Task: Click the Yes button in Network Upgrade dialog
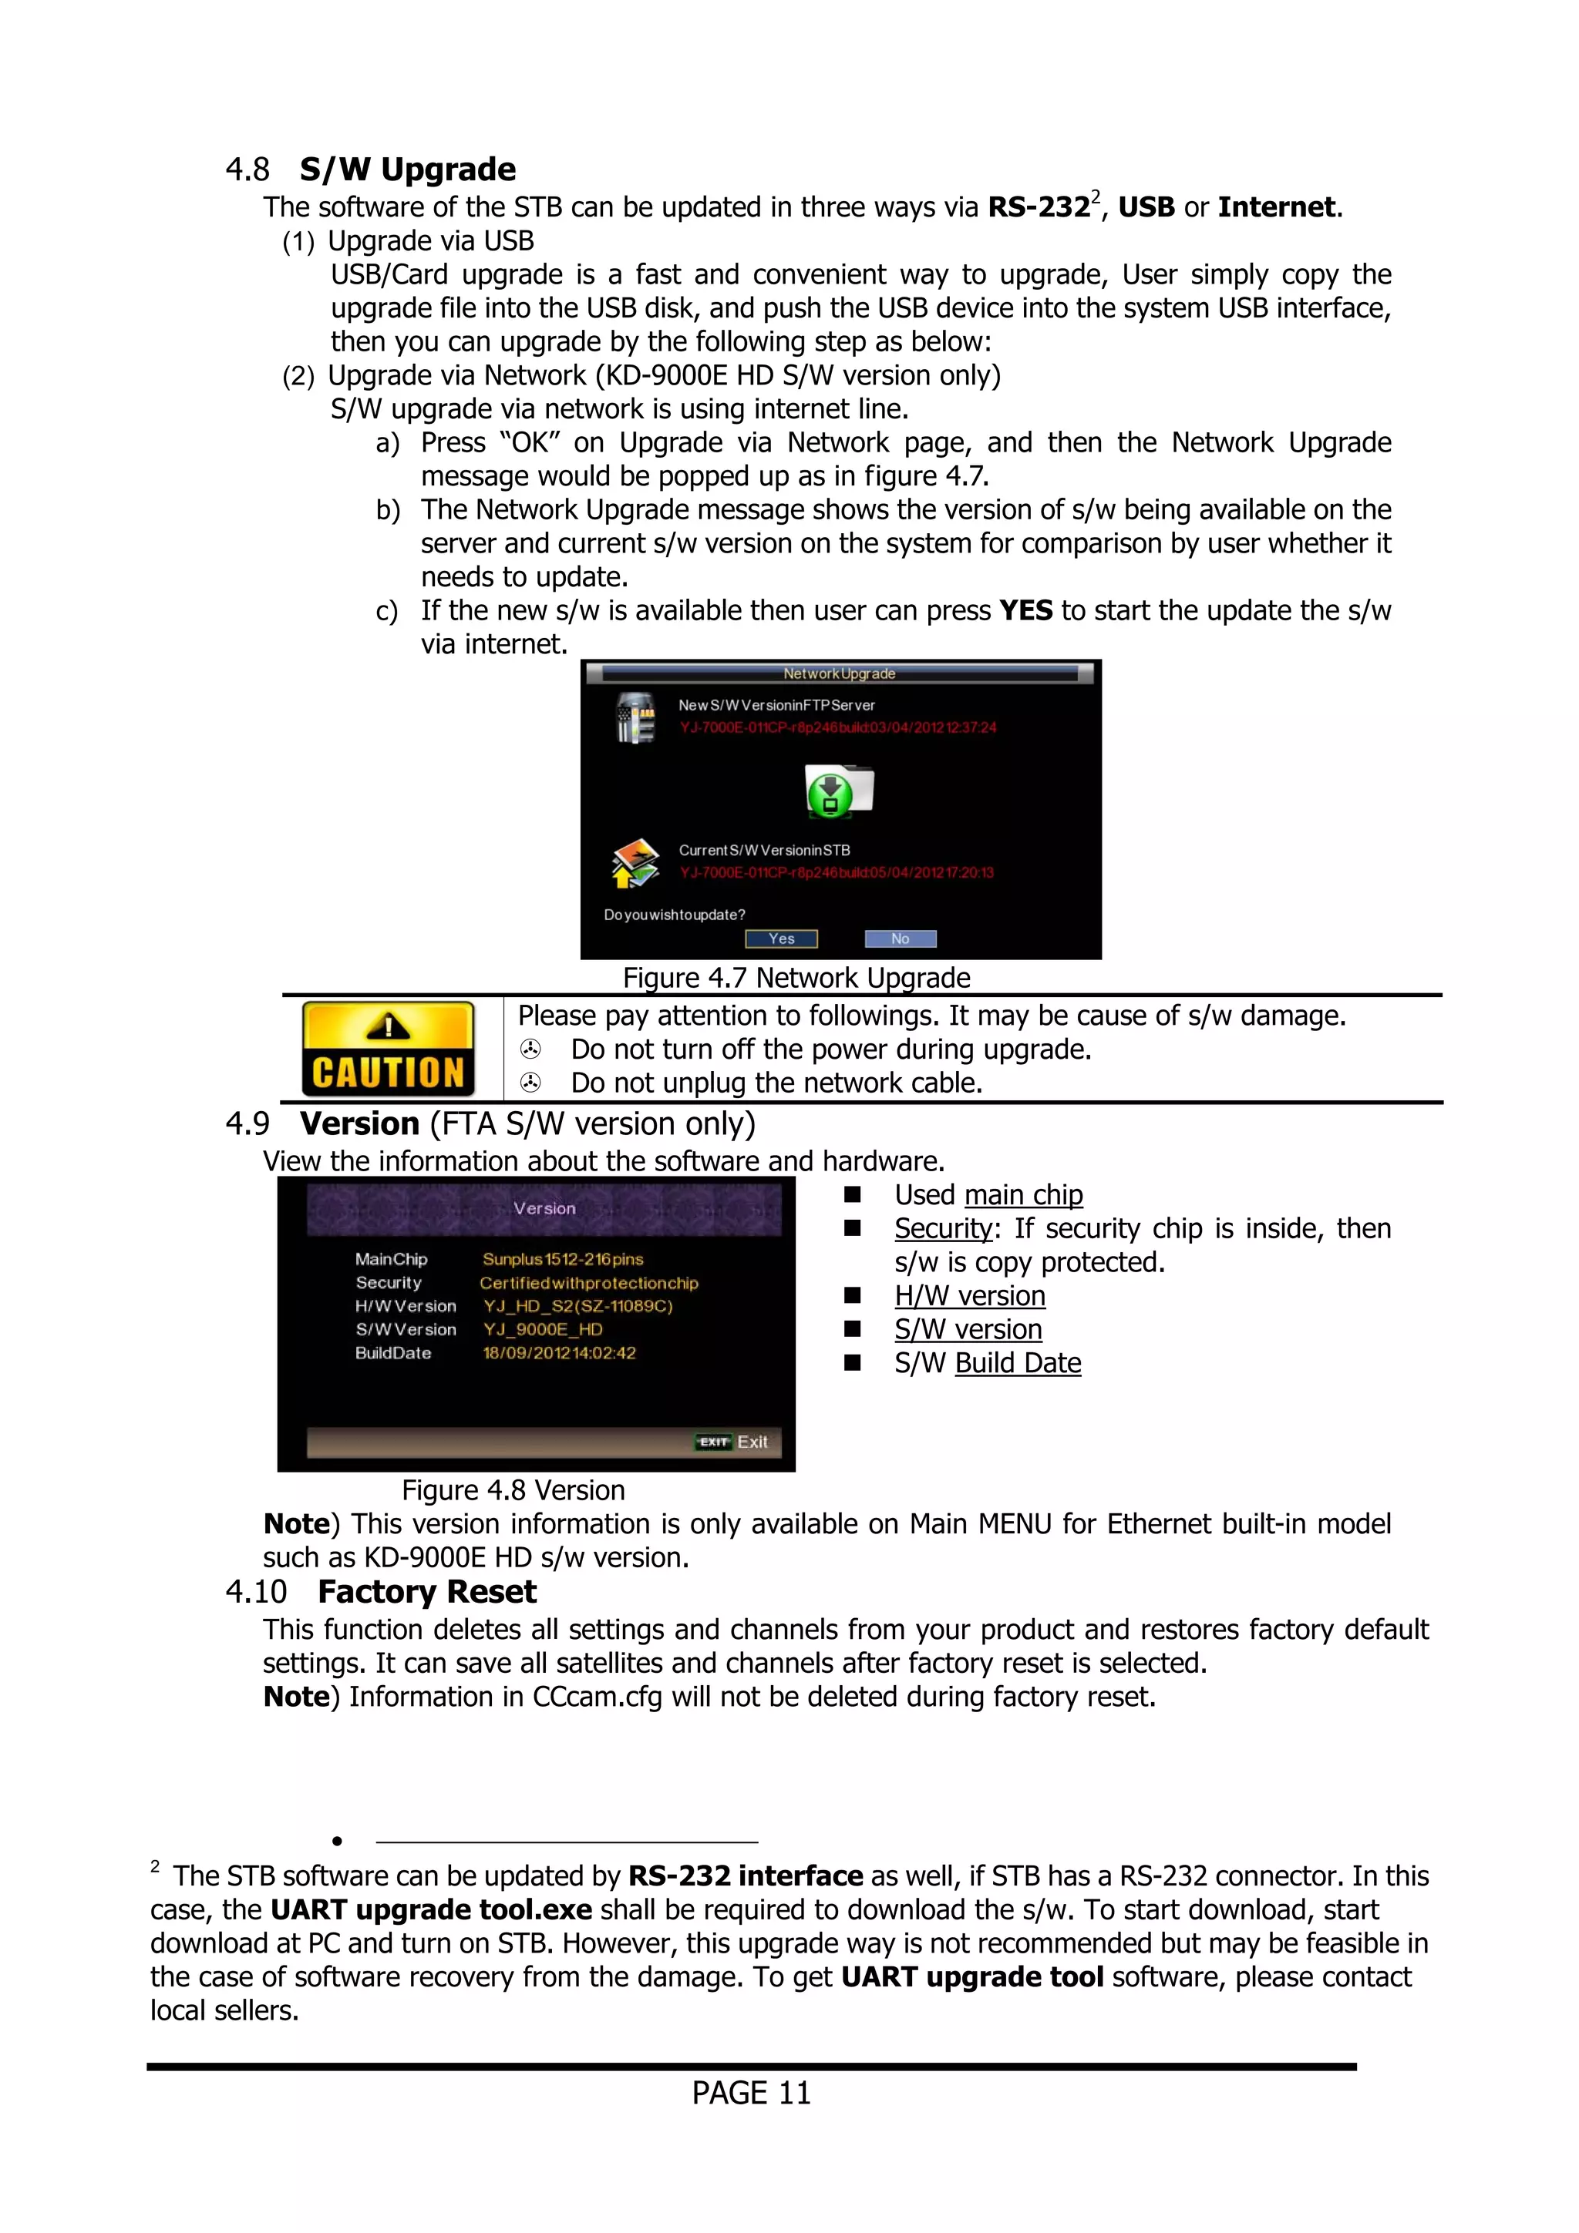coord(781,939)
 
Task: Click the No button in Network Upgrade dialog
coord(900,939)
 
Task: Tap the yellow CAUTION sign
coord(388,1049)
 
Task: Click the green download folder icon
coord(837,790)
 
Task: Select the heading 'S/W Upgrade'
coord(408,170)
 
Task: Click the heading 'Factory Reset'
coord(426,1591)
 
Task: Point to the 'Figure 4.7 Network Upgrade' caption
coord(796,978)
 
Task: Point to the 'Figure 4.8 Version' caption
coord(513,1490)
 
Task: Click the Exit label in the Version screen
coord(751,1442)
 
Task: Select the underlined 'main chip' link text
coord(1023,1194)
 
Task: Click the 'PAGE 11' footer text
coord(751,2092)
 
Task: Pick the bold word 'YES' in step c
coord(1025,611)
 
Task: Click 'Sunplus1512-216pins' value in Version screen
coord(562,1260)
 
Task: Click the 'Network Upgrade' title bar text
coord(840,673)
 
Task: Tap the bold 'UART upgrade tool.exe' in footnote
coord(431,1909)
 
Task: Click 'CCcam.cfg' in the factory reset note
coord(597,1697)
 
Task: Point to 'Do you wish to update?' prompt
coord(674,915)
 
